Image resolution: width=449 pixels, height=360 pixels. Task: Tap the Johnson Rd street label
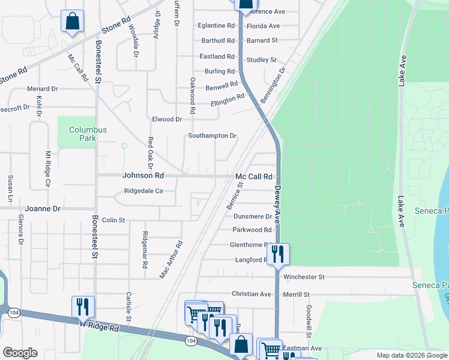(x=143, y=176)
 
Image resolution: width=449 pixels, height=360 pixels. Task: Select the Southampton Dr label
(x=212, y=136)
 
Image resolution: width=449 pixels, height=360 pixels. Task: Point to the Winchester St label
(x=304, y=277)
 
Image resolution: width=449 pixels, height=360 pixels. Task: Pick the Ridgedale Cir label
(x=143, y=191)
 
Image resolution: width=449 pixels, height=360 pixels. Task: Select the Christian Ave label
(x=252, y=294)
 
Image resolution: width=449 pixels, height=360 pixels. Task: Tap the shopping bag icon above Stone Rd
(x=72, y=22)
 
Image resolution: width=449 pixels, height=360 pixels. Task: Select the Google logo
(x=20, y=352)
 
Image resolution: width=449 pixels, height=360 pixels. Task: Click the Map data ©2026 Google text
(x=411, y=355)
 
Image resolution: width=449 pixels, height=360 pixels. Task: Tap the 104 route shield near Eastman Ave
(x=191, y=341)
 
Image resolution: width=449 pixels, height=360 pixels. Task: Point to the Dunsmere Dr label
(x=253, y=216)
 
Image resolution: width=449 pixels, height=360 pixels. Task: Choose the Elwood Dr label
(x=167, y=119)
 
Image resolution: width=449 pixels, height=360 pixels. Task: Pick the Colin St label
(x=113, y=220)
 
